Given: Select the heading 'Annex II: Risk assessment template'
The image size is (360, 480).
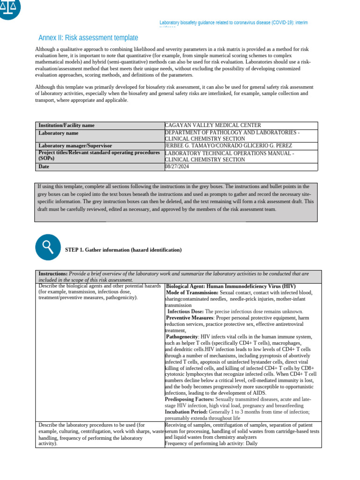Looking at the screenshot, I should (x=88, y=37).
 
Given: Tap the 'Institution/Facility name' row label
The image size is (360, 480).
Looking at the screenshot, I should (x=67, y=125).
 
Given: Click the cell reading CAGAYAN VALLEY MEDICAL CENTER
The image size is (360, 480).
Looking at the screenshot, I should (x=213, y=125).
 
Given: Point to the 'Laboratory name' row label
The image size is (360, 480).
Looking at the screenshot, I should (x=59, y=133).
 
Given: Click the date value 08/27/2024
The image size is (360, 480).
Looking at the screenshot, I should (x=177, y=166).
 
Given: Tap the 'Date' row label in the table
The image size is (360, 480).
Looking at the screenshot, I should (x=44, y=166).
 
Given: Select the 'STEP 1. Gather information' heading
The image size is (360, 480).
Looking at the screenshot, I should (x=123, y=250).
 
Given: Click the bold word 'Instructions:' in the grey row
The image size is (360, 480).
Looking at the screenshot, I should (x=53, y=273).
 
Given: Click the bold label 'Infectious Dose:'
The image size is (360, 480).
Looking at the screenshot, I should (x=186, y=311).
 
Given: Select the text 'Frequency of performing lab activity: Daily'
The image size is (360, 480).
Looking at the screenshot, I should (x=211, y=443).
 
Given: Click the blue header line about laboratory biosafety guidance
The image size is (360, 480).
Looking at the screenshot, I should (x=233, y=22).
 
